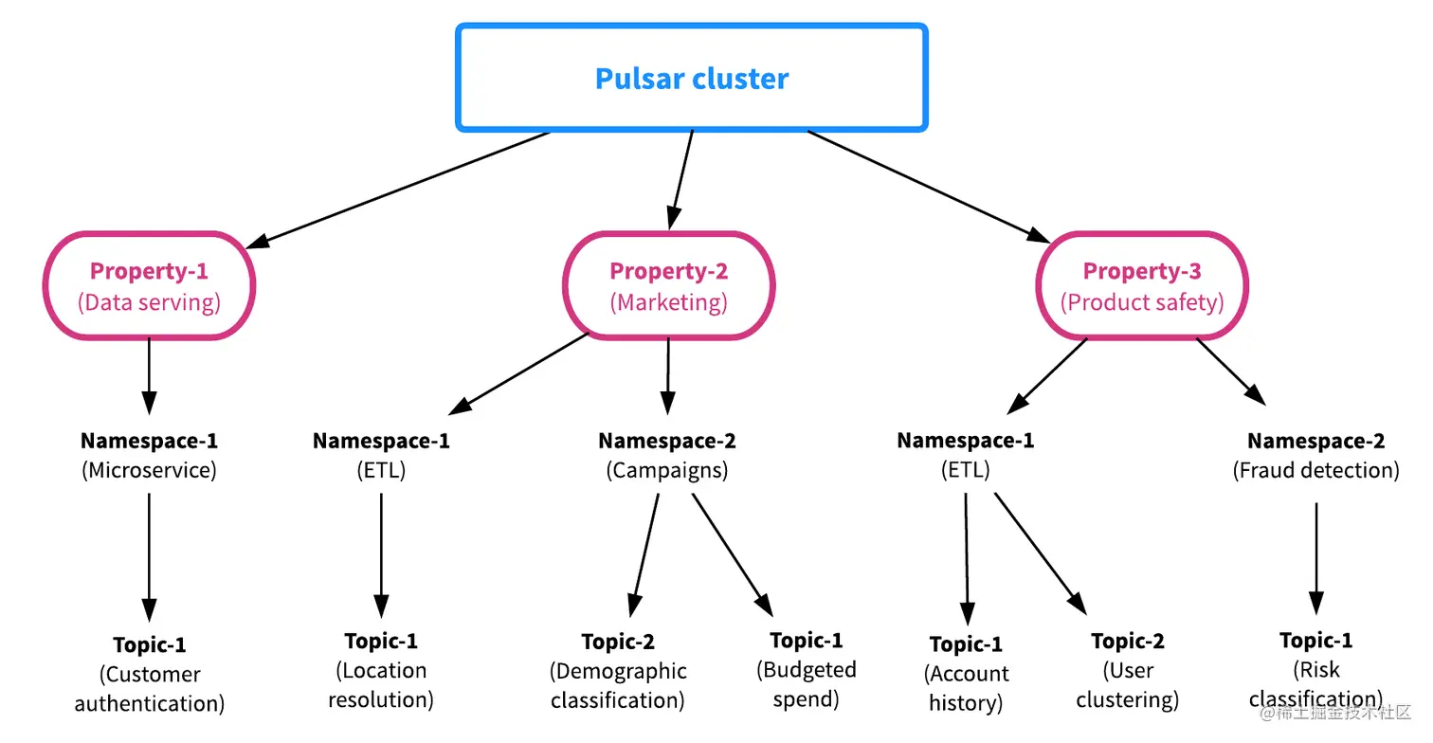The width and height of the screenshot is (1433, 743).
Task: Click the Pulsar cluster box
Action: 691,78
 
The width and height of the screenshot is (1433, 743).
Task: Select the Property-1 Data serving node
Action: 149,285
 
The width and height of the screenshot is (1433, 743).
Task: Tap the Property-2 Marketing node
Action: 668,285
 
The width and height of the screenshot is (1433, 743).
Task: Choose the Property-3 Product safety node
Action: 1141,285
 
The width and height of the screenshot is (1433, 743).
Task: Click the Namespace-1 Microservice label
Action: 149,455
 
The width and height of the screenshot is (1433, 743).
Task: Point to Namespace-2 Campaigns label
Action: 667,455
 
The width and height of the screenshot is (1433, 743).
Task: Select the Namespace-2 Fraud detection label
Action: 1315,455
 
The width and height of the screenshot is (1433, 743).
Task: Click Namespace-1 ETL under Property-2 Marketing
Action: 381,455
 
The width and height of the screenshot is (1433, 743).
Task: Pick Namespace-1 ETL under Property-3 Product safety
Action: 965,455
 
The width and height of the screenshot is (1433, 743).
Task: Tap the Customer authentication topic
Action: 150,674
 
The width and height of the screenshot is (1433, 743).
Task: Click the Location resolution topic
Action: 381,671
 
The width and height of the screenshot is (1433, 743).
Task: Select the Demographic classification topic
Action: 618,671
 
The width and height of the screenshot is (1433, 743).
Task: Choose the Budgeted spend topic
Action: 806,669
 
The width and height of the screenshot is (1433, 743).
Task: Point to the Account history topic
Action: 966,674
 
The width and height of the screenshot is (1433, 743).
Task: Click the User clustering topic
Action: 1128,670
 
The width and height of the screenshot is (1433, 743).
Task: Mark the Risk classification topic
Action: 1315,669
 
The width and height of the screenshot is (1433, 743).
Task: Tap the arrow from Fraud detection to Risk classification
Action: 1315,559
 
